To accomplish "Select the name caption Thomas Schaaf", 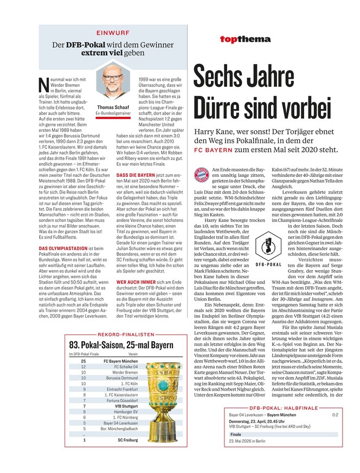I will click(x=113, y=107).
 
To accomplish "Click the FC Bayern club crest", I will click(x=202, y=175).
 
